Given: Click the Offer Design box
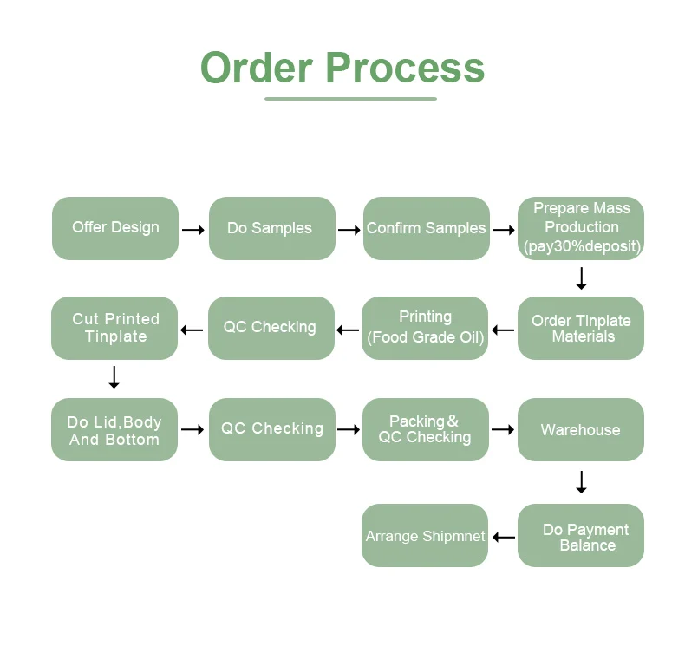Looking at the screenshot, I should [x=115, y=228].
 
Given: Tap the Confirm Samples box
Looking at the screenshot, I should [x=426, y=228].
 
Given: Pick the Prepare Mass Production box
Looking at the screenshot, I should [x=581, y=228].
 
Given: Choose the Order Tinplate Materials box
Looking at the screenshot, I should [x=581, y=328].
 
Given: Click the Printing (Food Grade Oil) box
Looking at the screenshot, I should [x=425, y=328].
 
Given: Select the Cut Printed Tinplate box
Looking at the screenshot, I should [x=114, y=328].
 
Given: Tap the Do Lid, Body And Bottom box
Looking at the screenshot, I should [x=114, y=429].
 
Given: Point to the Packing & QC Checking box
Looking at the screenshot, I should [x=425, y=429].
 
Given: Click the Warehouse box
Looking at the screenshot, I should [x=581, y=429].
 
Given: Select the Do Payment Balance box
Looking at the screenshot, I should [x=581, y=536].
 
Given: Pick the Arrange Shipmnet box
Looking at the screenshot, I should [x=425, y=536].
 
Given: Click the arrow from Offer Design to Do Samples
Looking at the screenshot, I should [x=193, y=230].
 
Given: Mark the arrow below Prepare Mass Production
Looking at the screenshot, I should [x=581, y=278].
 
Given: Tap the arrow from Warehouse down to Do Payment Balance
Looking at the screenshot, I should [x=581, y=482].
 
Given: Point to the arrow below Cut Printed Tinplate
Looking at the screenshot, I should [x=114, y=377].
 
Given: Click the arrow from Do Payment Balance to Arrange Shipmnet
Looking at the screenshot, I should [x=504, y=538].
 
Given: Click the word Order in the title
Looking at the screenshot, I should [x=256, y=68].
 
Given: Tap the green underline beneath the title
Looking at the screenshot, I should [x=350, y=99].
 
